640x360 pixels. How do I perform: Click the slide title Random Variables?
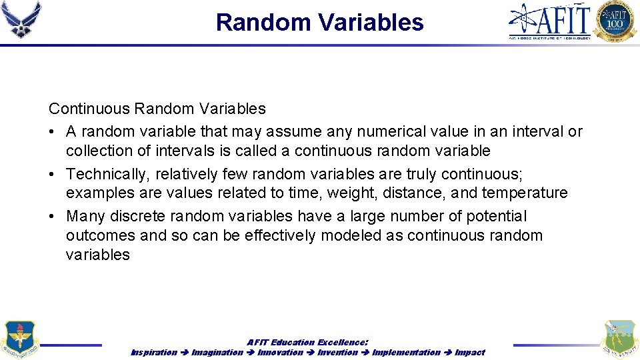[319, 23]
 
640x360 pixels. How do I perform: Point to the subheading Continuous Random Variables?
[157, 109]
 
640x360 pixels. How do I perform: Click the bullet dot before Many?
[53, 216]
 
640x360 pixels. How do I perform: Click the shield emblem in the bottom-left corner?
[20, 339]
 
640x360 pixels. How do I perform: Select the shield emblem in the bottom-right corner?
[619, 339]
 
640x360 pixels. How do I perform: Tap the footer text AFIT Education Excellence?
[307, 342]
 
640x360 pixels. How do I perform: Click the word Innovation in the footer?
[281, 352]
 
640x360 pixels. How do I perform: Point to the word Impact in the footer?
[469, 352]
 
